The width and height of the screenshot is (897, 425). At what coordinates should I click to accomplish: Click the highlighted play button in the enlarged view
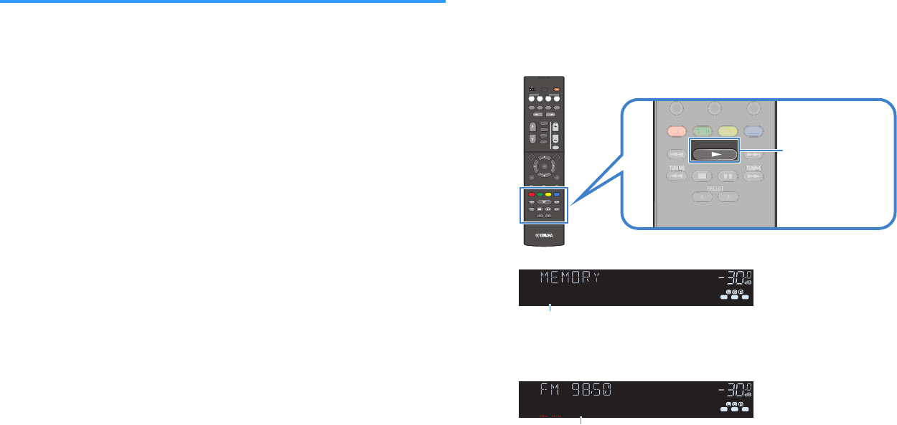click(714, 153)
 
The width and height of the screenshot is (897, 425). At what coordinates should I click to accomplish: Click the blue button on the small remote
click(556, 194)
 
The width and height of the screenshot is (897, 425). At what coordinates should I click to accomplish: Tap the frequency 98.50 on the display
click(593, 391)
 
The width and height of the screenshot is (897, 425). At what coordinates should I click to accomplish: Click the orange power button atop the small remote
click(557, 89)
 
